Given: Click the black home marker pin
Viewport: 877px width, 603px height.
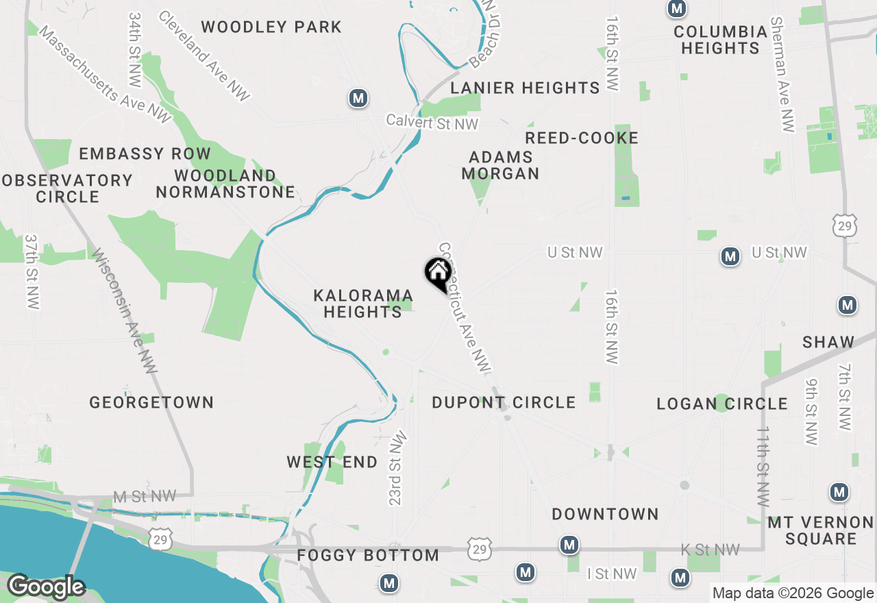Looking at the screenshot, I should [x=437, y=274].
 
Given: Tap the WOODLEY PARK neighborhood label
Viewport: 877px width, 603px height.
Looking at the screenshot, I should [x=271, y=27].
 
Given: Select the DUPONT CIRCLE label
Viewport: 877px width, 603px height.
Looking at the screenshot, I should [x=504, y=402].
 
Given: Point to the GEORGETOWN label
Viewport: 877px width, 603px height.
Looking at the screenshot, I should [x=151, y=402].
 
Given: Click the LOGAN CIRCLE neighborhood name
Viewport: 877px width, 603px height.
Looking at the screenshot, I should [x=722, y=404].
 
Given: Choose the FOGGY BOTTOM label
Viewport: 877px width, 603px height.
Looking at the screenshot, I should [x=368, y=555].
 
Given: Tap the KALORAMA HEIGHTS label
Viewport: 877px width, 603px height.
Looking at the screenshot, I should [x=363, y=304].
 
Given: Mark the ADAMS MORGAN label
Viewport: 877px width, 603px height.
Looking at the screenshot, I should [x=500, y=165].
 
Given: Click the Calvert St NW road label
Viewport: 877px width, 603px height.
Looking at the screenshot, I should [x=432, y=121].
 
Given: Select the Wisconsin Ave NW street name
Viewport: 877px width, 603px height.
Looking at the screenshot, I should [x=125, y=310].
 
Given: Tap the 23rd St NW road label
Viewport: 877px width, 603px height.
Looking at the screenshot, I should [x=397, y=469].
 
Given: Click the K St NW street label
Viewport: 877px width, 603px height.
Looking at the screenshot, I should [x=710, y=550].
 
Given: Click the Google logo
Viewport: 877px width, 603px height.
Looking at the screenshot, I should [x=45, y=587].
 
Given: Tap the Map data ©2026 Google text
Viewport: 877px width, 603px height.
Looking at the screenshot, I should [x=793, y=593].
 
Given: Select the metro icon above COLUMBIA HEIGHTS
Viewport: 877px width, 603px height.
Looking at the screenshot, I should [x=677, y=9].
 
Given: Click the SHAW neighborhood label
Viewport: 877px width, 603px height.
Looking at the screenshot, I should [x=829, y=342].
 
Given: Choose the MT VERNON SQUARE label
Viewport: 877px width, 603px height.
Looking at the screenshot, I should [x=821, y=531].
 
